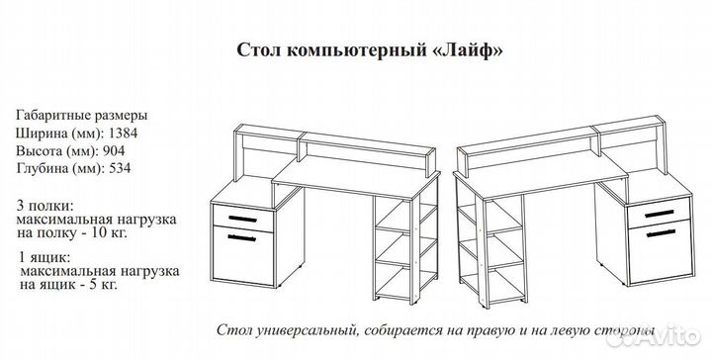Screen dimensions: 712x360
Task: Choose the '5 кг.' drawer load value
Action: coord(102,285)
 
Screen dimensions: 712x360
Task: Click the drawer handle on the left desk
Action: coord(242,217)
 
